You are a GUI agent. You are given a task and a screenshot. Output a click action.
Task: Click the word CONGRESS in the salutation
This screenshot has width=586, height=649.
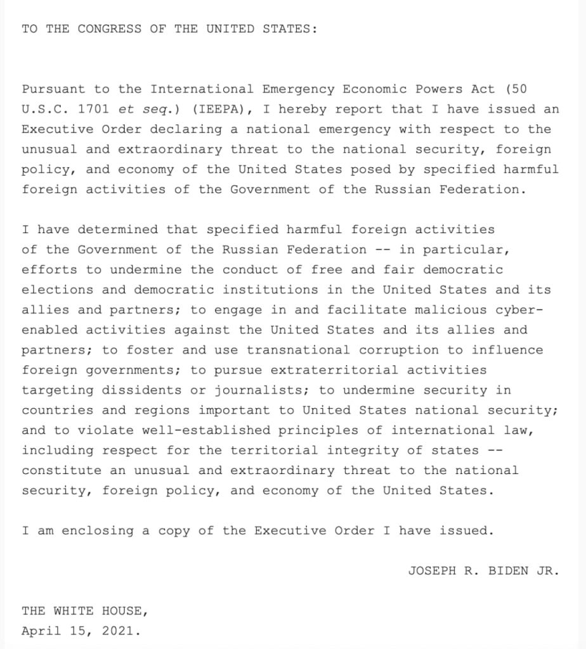coord(110,29)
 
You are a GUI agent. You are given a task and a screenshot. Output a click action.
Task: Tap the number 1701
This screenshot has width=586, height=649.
coord(94,109)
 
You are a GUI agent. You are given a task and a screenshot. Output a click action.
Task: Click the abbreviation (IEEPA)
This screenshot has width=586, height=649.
coord(218,109)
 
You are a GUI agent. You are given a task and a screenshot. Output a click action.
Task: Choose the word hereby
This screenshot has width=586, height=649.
coord(303,109)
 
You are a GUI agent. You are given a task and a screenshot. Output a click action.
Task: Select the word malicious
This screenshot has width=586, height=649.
coord(451,310)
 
